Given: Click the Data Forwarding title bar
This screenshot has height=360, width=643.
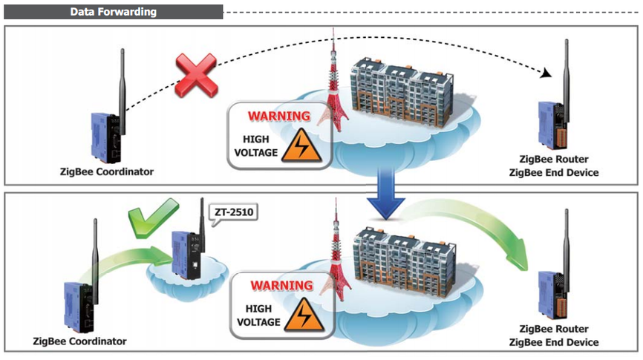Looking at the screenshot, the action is pyautogui.click(x=113, y=12).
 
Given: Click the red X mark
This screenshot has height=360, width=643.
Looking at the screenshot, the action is pyautogui.click(x=196, y=75).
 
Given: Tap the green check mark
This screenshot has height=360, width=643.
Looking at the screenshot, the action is pyautogui.click(x=152, y=217).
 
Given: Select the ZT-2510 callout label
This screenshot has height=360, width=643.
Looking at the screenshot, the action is pyautogui.click(x=234, y=213).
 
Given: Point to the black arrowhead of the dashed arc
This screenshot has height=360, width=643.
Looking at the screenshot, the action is pyautogui.click(x=546, y=73).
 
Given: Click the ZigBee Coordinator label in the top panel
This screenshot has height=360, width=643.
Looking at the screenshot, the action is pyautogui.click(x=107, y=171).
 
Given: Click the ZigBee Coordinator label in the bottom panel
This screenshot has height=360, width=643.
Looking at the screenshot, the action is pyautogui.click(x=79, y=341).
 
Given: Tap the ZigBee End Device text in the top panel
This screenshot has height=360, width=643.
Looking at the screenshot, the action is pyautogui.click(x=554, y=173).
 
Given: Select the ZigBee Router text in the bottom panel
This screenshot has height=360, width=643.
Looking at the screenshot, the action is pyautogui.click(x=554, y=329).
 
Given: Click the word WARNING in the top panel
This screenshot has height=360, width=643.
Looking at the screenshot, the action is pyautogui.click(x=279, y=116).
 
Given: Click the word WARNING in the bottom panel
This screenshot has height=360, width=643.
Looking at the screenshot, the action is pyautogui.click(x=281, y=285).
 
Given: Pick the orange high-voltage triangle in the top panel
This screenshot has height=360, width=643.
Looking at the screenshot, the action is pyautogui.click(x=301, y=146).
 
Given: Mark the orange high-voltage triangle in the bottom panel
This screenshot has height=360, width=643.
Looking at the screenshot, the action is pyautogui.click(x=304, y=315).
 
